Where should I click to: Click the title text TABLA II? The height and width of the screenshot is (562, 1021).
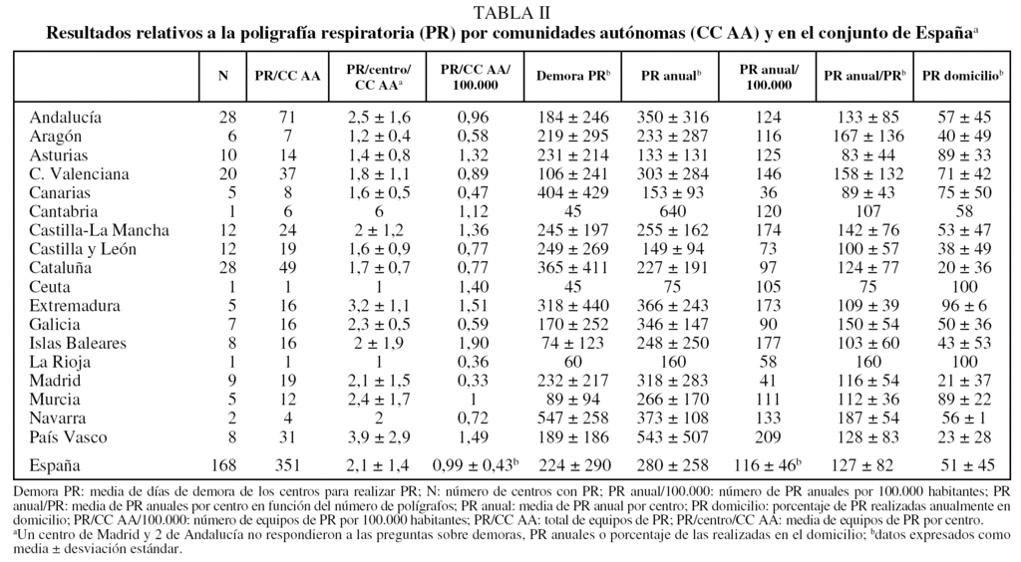(x=510, y=12)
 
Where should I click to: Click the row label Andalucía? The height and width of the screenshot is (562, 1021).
(x=66, y=117)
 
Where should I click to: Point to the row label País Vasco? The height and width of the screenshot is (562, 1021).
(x=68, y=437)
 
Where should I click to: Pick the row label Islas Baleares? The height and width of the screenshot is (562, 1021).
(x=78, y=344)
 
